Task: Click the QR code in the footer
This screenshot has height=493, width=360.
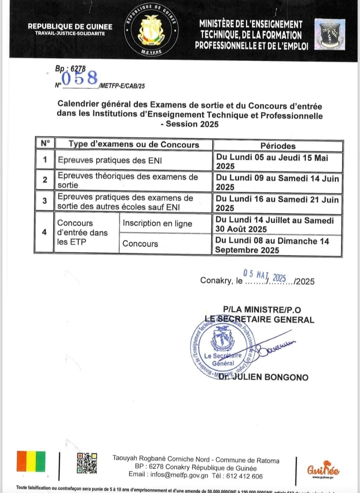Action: [87, 463]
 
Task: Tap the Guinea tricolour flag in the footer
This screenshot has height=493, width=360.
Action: [31, 461]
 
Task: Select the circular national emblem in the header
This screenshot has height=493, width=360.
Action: [151, 30]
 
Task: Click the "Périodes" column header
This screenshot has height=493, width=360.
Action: [278, 146]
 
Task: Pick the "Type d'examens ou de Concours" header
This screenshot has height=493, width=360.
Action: [134, 144]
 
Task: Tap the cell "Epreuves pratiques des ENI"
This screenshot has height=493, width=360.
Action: [110, 160]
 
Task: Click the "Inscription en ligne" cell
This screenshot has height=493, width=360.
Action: [157, 223]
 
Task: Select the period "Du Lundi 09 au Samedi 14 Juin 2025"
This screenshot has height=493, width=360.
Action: [277, 182]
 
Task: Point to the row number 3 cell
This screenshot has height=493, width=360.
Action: [45, 201]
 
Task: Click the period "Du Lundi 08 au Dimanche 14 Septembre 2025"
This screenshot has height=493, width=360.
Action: [272, 245]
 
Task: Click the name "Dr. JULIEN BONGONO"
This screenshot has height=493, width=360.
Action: [263, 377]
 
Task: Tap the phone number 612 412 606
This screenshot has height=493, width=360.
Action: [244, 476]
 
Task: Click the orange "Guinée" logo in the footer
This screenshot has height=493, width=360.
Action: [323, 470]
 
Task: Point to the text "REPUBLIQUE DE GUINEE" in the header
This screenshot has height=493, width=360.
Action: [70, 26]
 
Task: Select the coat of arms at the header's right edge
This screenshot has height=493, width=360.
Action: [330, 35]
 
